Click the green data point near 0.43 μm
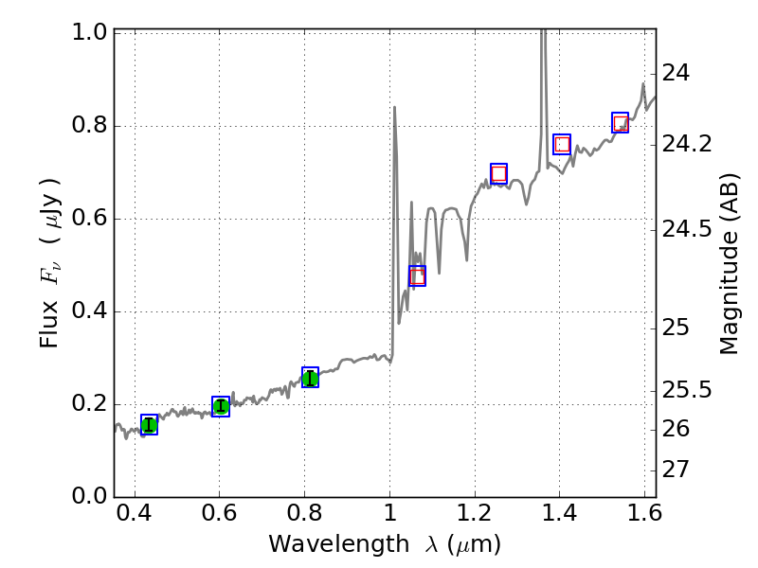coord(149,424)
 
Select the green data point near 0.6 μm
coord(221,406)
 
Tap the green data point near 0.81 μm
coord(310,378)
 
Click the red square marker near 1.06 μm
coord(417,275)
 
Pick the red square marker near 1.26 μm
coord(498,173)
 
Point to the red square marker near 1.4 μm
coord(562,145)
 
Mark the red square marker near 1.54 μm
coord(621,123)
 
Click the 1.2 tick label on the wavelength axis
coord(474,520)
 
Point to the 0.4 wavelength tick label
coord(135,520)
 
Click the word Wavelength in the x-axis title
coord(323,544)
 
